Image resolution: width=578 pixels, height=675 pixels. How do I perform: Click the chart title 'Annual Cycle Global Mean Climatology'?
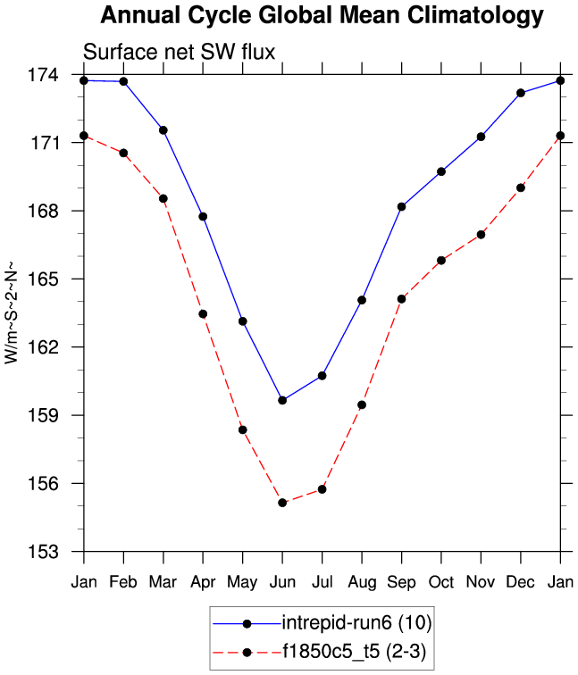[x=321, y=15]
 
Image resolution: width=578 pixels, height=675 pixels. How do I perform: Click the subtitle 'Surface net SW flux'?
[x=178, y=53]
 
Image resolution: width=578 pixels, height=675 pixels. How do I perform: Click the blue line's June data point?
[x=282, y=400]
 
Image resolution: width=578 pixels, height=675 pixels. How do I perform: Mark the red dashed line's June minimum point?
[x=282, y=503]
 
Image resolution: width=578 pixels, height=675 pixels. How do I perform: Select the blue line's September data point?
[x=402, y=206]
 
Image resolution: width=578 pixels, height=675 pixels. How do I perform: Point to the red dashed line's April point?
[x=203, y=313]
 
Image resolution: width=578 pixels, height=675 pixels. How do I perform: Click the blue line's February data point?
[x=123, y=81]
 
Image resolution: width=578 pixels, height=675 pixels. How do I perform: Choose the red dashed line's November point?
[x=482, y=234]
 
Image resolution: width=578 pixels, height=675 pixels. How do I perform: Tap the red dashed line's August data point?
[x=362, y=404]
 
